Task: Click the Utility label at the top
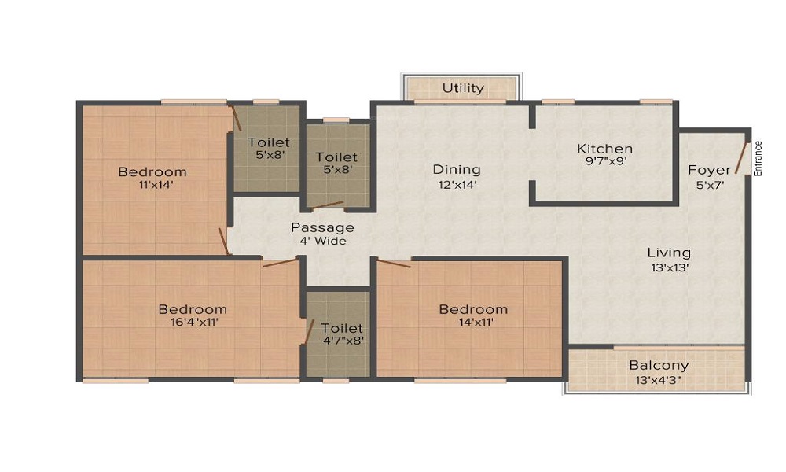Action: pyautogui.click(x=463, y=87)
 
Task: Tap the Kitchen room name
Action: pyautogui.click(x=604, y=149)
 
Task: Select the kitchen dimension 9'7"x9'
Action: pyautogui.click(x=604, y=162)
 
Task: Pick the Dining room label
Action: pyautogui.click(x=457, y=170)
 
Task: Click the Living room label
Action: pyautogui.click(x=669, y=253)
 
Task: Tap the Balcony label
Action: pyautogui.click(x=659, y=365)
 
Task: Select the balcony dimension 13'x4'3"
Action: pyautogui.click(x=659, y=379)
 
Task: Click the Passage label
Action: pyautogui.click(x=322, y=227)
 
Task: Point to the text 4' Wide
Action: pyautogui.click(x=322, y=241)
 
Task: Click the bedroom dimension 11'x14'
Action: pyautogui.click(x=152, y=186)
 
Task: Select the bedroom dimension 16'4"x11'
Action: pyautogui.click(x=193, y=323)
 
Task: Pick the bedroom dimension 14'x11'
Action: pyautogui.click(x=473, y=323)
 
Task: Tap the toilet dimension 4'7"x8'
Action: pyautogui.click(x=342, y=341)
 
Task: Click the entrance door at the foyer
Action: pyautogui.click(x=741, y=159)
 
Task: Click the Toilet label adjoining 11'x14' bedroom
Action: pyautogui.click(x=269, y=142)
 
